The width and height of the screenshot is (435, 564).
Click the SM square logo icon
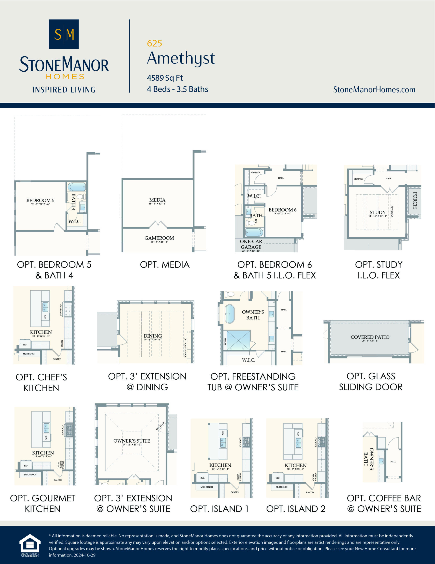click(x=64, y=34)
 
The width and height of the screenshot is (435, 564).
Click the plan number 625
click(x=154, y=43)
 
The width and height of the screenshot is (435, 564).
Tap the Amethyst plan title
click(x=181, y=58)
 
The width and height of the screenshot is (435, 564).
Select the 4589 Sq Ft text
click(x=165, y=78)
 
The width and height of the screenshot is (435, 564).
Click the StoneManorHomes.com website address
click(x=374, y=90)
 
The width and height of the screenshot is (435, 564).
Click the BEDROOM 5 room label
click(x=40, y=200)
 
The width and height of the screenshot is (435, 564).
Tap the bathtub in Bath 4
click(x=77, y=187)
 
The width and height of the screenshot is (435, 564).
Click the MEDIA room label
click(x=157, y=200)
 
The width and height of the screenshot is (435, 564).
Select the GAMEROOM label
click(x=159, y=238)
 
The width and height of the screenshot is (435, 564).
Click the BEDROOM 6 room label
click(x=282, y=210)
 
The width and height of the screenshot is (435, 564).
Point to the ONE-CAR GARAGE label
click(x=251, y=244)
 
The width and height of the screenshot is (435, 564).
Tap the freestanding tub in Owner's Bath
click(x=230, y=314)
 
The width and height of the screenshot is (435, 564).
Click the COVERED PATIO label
click(x=370, y=337)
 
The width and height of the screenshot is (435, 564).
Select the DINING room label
click(x=153, y=336)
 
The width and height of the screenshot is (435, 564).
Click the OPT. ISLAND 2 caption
click(x=296, y=509)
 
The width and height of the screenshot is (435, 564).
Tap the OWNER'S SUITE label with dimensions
click(x=132, y=441)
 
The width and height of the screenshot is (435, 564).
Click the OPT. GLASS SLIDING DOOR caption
click(x=371, y=381)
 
